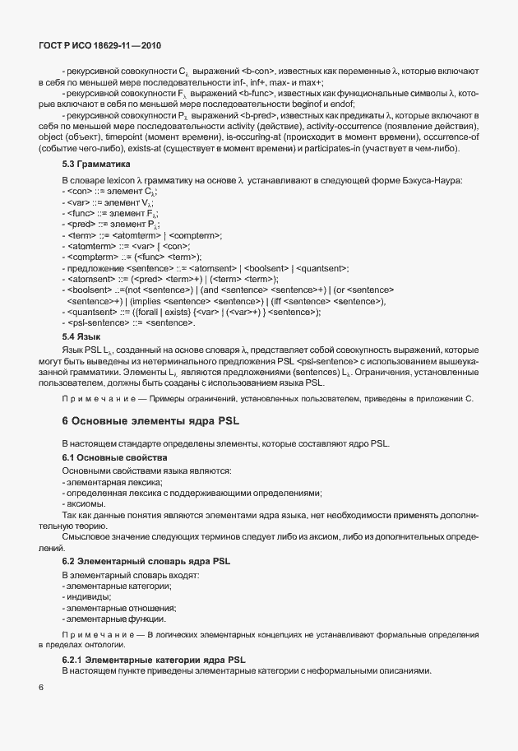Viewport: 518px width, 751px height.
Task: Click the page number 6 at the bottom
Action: pos(41,685)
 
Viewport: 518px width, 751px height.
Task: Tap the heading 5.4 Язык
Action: pos(81,336)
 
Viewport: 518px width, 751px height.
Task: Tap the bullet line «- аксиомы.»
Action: pos(83,503)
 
